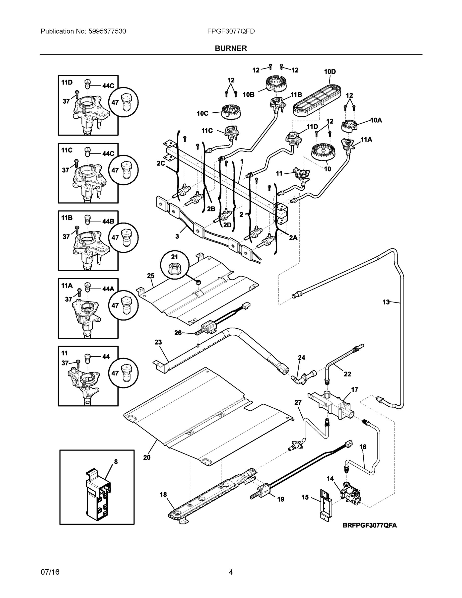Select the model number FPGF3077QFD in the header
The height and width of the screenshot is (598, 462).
pyautogui.click(x=231, y=31)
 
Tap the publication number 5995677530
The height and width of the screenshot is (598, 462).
pyautogui.click(x=107, y=31)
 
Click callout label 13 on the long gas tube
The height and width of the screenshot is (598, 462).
pyautogui.click(x=386, y=302)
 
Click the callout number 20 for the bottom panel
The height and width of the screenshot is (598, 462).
pyautogui.click(x=147, y=457)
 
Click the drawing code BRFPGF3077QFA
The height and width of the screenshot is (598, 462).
pyautogui.click(x=370, y=525)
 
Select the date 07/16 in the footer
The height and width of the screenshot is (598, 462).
pyautogui.click(x=50, y=572)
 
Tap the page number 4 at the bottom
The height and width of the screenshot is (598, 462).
pyautogui.click(x=231, y=572)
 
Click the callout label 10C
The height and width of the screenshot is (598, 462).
pyautogui.click(x=202, y=113)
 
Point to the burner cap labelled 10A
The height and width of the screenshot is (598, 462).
pyautogui.click(x=349, y=126)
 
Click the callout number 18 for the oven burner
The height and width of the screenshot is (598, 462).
pyautogui.click(x=163, y=495)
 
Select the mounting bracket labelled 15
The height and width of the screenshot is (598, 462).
pyautogui.click(x=326, y=504)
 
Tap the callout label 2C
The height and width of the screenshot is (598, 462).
pyautogui.click(x=161, y=163)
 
